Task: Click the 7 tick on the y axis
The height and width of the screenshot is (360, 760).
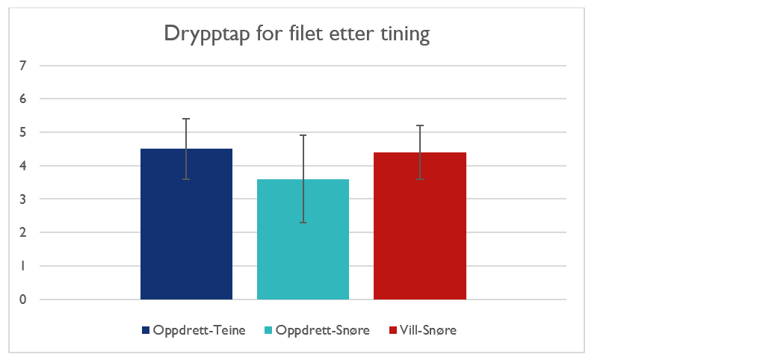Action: (23, 66)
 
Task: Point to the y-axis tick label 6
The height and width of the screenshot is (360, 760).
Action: (23, 99)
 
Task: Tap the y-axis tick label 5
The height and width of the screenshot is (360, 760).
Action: (23, 132)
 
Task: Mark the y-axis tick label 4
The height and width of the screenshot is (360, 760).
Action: (23, 166)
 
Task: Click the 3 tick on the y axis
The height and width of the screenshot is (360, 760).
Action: (23, 199)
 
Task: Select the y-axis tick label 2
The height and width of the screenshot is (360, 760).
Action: (23, 232)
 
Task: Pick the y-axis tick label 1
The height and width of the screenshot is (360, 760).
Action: (23, 266)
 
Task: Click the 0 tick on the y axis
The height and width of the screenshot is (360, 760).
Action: (23, 300)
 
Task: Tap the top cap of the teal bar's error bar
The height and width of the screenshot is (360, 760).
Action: (303, 135)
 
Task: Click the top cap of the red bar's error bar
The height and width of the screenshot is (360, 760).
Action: (419, 125)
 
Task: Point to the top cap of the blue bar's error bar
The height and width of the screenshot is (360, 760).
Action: (186, 119)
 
